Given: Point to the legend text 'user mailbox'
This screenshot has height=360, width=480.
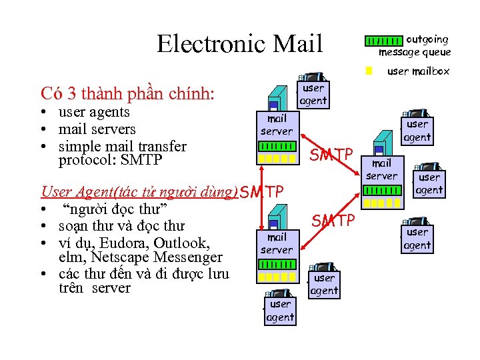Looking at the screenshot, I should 418,71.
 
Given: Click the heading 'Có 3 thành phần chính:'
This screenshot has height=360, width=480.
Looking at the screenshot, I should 127,93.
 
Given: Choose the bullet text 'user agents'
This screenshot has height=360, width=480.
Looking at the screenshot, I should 94,112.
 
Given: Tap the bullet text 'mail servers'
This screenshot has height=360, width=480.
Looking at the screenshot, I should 97,129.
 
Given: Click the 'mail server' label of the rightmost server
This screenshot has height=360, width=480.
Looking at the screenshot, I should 381,169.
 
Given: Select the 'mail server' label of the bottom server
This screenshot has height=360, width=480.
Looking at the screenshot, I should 276,243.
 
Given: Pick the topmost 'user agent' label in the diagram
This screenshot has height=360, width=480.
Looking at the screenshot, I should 313,94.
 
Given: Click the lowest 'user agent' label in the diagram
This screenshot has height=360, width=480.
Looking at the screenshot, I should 280,311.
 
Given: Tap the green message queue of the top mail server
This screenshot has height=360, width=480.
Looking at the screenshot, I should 277,146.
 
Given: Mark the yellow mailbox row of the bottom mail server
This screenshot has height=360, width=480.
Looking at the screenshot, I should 276,277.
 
